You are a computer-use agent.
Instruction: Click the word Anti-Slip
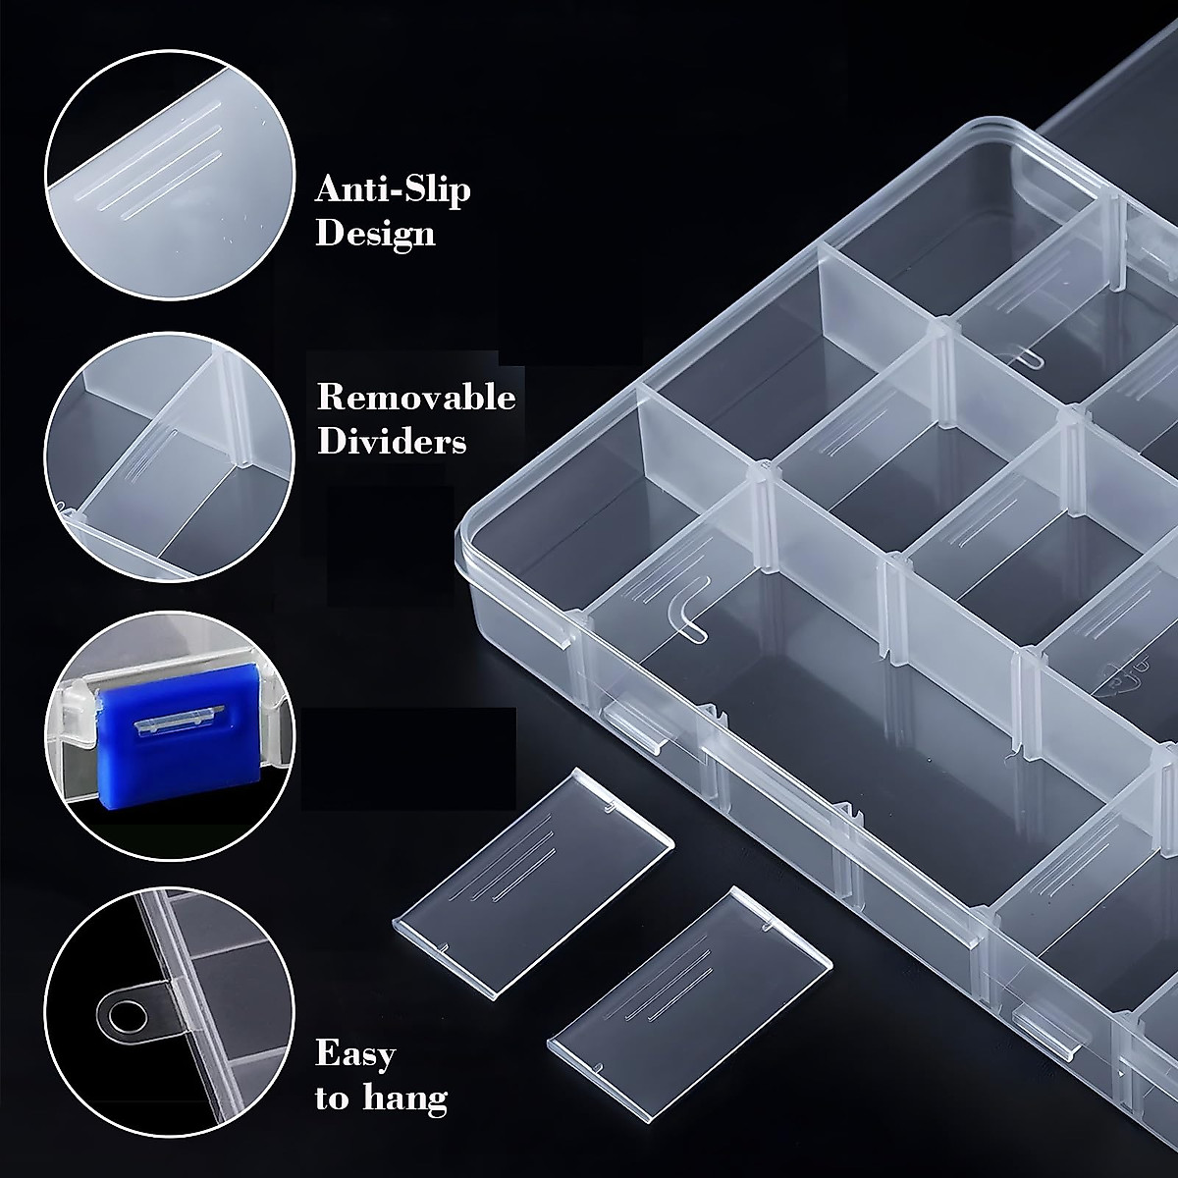point(393,188)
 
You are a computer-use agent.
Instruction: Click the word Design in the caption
point(375,235)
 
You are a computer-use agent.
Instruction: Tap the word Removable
point(415,398)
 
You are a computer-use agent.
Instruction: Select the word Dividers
point(391,443)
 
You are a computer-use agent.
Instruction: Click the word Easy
point(355,1055)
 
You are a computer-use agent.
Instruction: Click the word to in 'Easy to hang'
point(332,1099)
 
